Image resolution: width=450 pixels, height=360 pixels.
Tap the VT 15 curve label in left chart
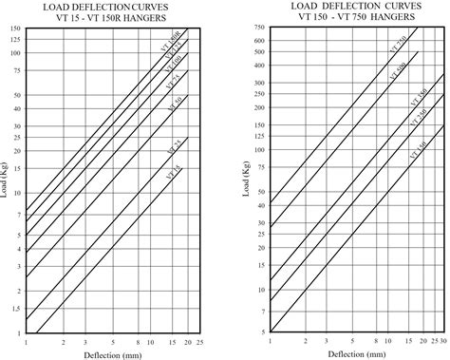click(171, 172)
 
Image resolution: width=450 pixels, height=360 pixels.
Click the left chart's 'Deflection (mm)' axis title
click(108, 353)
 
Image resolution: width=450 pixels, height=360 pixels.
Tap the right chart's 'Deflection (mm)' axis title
click(350, 353)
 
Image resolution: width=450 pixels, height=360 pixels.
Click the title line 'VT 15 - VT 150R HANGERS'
click(107, 16)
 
